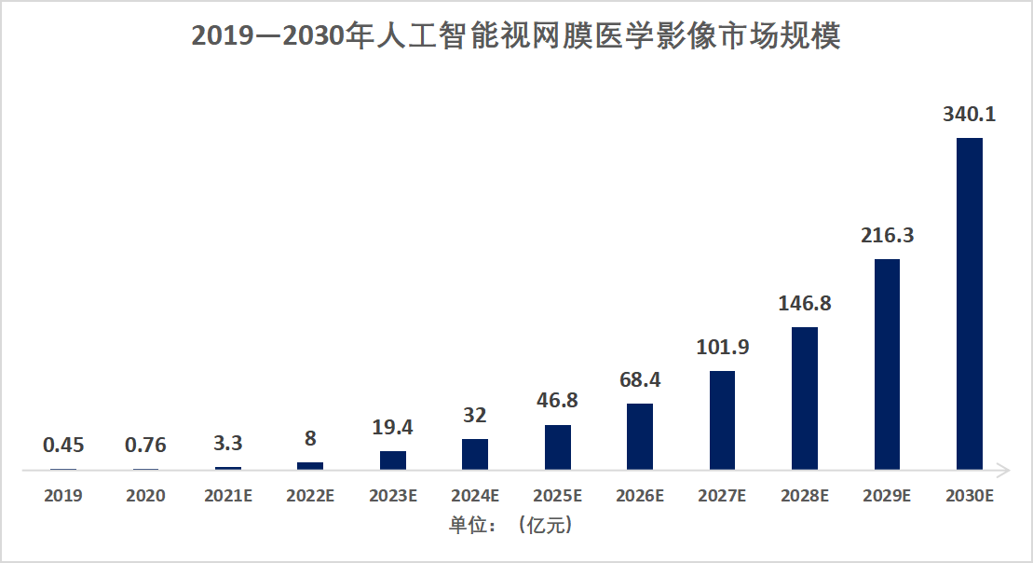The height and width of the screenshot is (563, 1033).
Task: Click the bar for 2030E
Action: tap(970, 303)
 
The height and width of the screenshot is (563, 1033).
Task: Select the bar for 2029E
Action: tap(887, 364)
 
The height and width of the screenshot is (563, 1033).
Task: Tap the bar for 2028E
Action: tap(805, 398)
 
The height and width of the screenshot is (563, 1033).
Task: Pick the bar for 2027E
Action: tap(722, 419)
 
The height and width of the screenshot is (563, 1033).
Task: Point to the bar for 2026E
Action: tap(640, 436)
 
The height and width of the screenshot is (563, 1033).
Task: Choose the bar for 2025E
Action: tap(558, 446)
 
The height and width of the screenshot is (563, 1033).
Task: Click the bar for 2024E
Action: tap(475, 454)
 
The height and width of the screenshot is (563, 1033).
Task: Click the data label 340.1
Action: tap(970, 115)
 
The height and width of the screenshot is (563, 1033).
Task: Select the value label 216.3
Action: tap(887, 236)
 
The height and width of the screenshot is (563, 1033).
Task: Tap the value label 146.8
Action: tap(805, 304)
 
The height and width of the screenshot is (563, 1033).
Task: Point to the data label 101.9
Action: tap(722, 348)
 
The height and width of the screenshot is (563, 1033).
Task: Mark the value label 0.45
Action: tap(63, 446)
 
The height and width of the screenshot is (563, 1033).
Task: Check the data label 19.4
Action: tap(393, 428)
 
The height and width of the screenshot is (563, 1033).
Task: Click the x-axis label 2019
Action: tap(63, 496)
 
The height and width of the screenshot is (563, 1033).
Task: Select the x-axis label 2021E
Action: tap(228, 496)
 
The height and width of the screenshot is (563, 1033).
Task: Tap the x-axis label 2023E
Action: tap(393, 496)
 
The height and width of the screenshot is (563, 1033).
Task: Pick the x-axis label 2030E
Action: tap(970, 496)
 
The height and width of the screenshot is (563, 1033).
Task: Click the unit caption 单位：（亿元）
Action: tap(510, 526)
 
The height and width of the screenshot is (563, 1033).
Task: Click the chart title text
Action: tap(516, 36)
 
